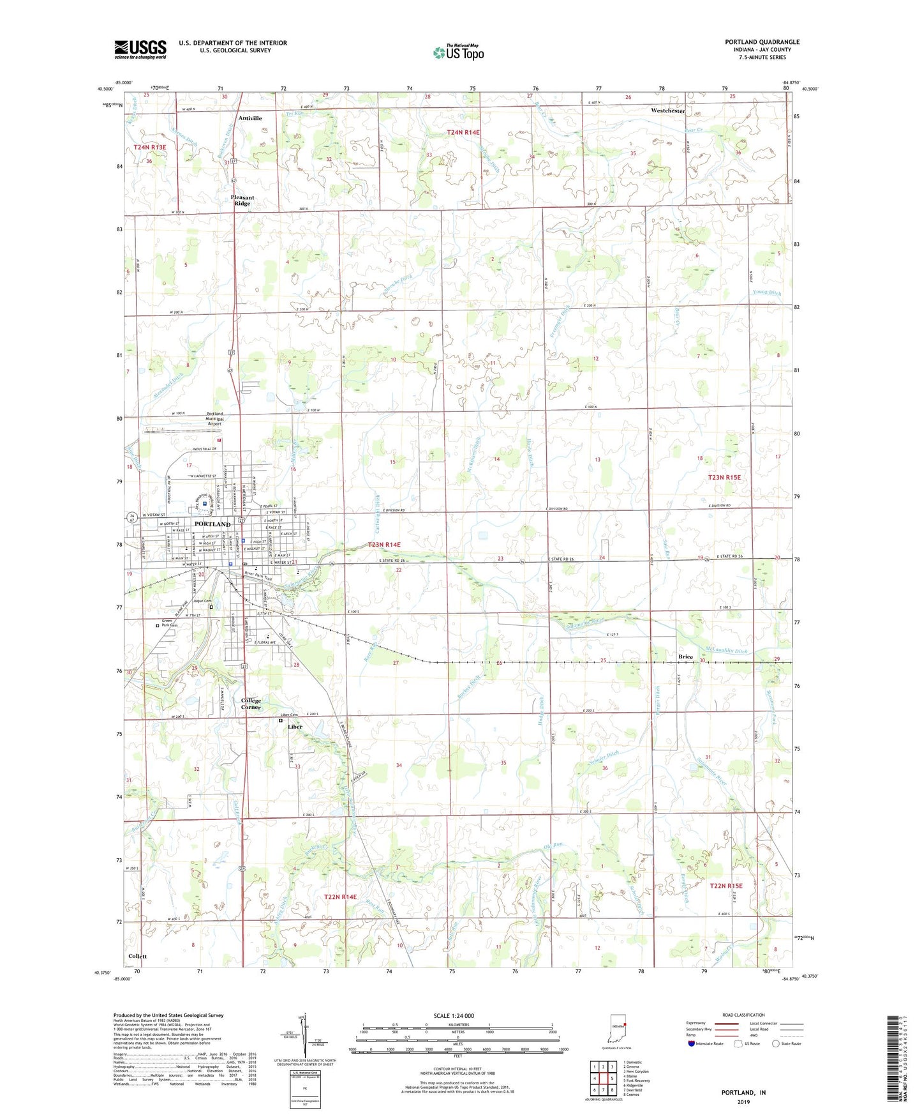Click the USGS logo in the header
(140, 49)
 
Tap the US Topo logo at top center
(458, 52)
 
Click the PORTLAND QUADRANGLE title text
(762, 42)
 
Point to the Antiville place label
(250, 118)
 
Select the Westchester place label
(667, 110)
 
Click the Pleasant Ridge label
(242, 201)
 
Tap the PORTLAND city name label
(212, 524)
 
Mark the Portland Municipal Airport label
(214, 419)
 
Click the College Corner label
(251, 704)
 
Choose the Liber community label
(295, 727)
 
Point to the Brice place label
(685, 656)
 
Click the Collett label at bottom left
(137, 956)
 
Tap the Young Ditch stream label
(766, 293)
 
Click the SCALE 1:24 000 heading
(454, 1016)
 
